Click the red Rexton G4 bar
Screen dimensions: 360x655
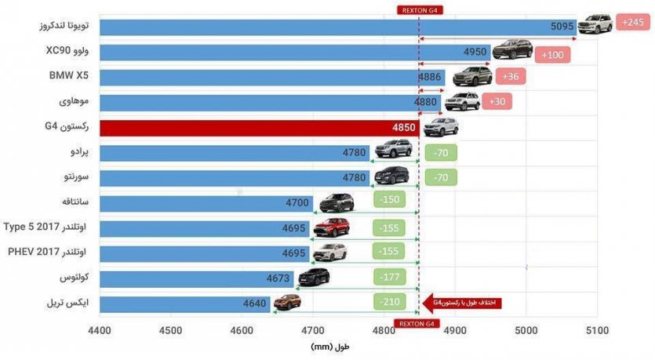click(259, 128)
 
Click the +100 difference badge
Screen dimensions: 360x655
click(552, 56)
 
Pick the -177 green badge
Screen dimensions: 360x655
click(389, 278)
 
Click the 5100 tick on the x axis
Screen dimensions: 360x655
click(597, 331)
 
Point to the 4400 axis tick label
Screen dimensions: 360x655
click(100, 331)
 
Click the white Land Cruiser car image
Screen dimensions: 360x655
click(595, 24)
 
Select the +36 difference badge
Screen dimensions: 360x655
click(510, 77)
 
